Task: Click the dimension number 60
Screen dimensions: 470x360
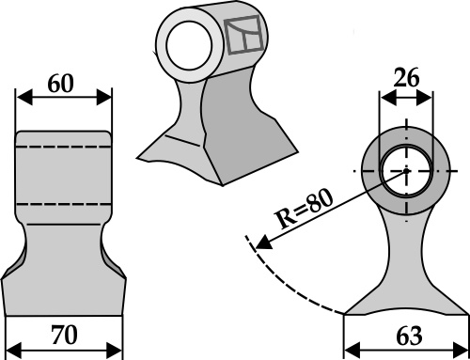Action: (x=60, y=84)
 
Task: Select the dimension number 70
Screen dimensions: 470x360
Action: (x=64, y=335)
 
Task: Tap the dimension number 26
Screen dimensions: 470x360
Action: (x=406, y=78)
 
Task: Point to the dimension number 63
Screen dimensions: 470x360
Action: (x=409, y=336)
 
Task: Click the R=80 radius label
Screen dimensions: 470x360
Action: (x=304, y=209)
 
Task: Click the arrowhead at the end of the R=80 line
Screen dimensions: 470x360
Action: (x=263, y=243)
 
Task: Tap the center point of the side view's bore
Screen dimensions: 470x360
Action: (x=406, y=171)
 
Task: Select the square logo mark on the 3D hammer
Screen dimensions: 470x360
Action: (x=243, y=35)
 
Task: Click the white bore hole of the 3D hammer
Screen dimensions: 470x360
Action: (x=189, y=45)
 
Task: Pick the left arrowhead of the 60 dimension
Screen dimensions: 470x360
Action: (x=24, y=97)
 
